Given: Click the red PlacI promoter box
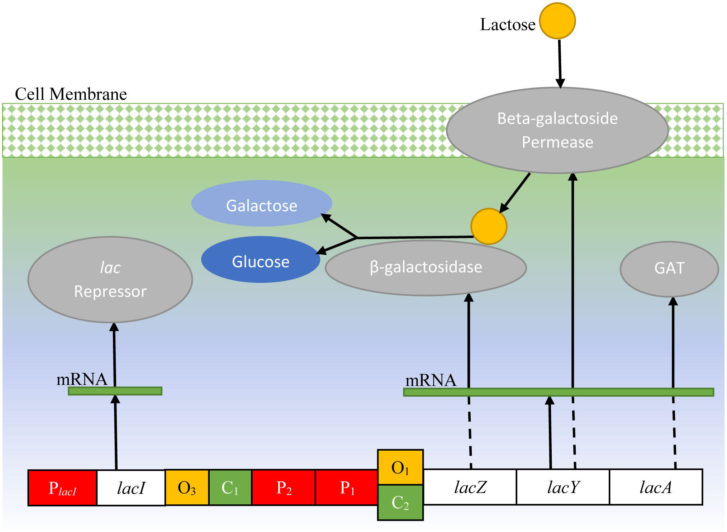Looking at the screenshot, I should coord(62,488).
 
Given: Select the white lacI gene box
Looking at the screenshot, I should coord(131,488).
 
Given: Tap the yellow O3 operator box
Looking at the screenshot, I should coord(187,488).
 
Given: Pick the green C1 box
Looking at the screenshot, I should coord(230,488).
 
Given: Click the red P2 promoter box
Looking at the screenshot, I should coord(284,488).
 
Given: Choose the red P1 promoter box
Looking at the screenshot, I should coord(347,488).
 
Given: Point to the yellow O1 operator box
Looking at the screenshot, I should coord(400,467).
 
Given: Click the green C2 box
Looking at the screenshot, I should coord(400,502).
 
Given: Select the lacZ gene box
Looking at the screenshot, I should coord(470,487).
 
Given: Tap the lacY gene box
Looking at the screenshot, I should coord(563,487).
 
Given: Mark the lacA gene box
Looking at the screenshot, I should coord(656,487).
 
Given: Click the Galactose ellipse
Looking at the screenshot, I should coord(262,203).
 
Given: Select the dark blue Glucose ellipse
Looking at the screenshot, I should coord(261,260).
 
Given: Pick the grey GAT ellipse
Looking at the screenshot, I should coord(669,269).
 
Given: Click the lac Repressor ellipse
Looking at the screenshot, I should coord(110,280).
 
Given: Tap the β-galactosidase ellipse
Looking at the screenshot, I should coord(426,268).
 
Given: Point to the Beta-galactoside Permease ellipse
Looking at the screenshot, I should coord(557,130).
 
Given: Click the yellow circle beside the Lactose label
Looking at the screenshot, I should coord(557,21).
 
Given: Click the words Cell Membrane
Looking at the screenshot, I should coord(71,94).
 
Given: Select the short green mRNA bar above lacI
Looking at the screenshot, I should coord(115,391).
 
